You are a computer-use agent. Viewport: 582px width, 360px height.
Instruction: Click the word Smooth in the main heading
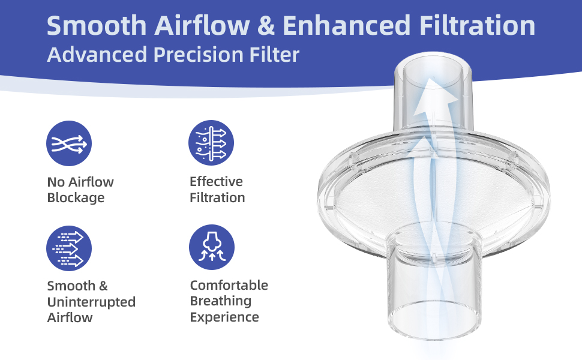(97, 25)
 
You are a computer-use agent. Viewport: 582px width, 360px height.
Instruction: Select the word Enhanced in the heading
(346, 25)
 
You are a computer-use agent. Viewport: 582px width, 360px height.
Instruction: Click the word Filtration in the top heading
(478, 25)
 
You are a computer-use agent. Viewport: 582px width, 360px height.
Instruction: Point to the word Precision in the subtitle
(198, 55)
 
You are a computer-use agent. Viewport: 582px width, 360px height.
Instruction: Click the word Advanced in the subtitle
(97, 55)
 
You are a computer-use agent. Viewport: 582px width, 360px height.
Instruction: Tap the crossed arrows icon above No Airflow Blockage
(68, 143)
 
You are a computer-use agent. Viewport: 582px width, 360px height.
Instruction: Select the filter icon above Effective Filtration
(211, 143)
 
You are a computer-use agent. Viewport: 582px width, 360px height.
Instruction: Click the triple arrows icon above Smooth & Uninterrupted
(68, 248)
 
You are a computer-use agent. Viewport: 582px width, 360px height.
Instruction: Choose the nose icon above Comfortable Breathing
(212, 247)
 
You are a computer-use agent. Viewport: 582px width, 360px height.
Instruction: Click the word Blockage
(76, 198)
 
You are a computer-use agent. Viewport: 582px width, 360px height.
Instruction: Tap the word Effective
(216, 181)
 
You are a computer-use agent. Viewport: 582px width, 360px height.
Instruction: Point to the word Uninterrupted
(91, 302)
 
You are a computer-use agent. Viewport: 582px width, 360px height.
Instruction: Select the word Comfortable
(229, 285)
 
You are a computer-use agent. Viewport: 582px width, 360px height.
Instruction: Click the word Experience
(224, 317)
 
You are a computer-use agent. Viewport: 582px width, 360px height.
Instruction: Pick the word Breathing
(220, 301)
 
